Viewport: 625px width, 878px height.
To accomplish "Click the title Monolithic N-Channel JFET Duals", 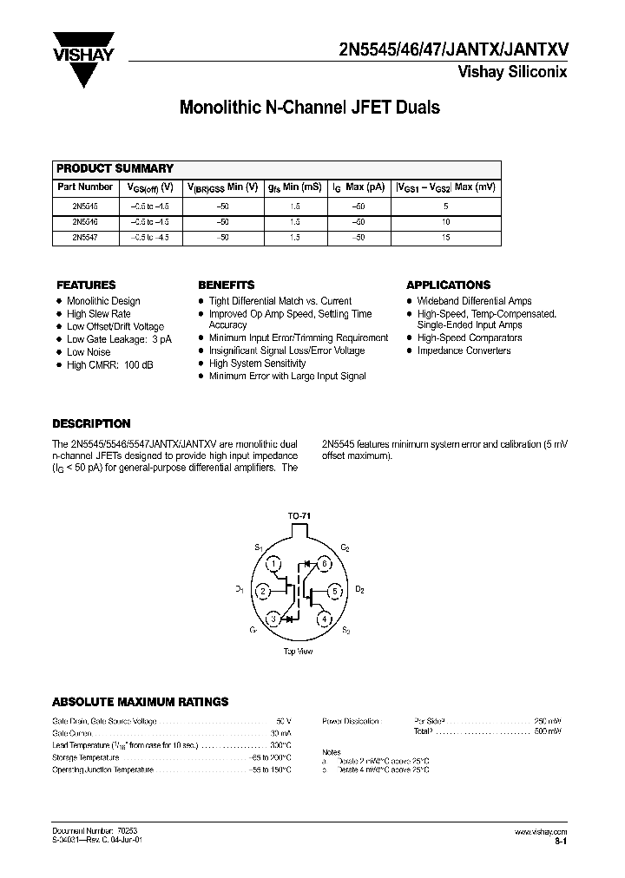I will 309,108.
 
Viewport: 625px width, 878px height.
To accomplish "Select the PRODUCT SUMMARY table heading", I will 115,168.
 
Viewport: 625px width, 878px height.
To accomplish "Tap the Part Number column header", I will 84,187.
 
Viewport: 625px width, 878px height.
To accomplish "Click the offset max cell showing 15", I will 446,236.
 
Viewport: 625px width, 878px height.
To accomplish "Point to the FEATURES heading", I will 86,285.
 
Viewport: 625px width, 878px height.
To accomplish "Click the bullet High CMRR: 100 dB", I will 109,365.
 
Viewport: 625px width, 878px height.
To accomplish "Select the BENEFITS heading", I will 226,285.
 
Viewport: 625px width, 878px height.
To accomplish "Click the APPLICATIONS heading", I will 448,285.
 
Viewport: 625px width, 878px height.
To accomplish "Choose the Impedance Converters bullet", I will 464,351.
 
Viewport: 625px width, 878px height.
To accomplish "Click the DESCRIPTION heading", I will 91,424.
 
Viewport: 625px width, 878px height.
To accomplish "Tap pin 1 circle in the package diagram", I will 273,564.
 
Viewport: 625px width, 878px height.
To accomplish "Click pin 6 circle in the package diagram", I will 324,564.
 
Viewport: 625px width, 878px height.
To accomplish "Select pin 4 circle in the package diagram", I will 324,619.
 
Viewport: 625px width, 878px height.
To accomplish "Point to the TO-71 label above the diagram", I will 299,516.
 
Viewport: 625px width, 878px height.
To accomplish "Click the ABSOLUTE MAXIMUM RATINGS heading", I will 141,701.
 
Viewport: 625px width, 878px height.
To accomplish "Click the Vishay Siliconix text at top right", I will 512,72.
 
